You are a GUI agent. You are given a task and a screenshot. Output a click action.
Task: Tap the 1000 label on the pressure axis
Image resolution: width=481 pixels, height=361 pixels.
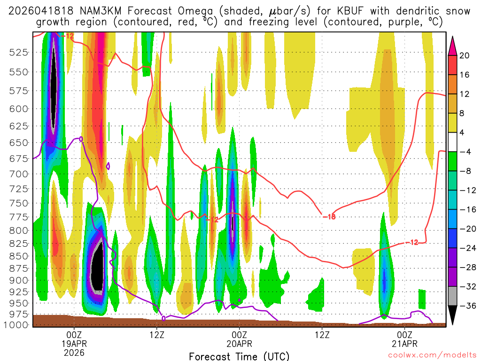pyautogui.click(x=16, y=325)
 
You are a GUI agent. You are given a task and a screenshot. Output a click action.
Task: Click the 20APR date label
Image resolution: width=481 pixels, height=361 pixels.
pyautogui.click(x=239, y=343)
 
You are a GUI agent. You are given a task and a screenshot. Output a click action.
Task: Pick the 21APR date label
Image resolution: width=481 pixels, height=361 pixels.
pyautogui.click(x=405, y=343)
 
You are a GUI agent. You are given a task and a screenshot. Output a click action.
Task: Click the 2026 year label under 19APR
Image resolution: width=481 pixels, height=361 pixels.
pyautogui.click(x=74, y=352)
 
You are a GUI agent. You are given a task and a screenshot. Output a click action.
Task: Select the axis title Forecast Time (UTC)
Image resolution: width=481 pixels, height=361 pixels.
pyautogui.click(x=239, y=356)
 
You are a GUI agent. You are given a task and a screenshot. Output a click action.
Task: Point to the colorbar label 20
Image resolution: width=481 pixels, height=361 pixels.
pyautogui.click(x=465, y=55)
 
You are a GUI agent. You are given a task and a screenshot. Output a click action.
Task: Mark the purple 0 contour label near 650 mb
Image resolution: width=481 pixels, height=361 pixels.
pyautogui.click(x=81, y=139)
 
